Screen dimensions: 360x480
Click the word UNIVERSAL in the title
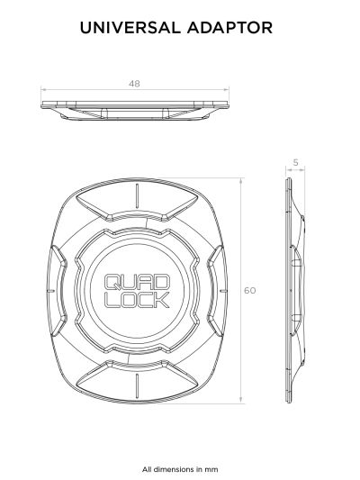point(130,28)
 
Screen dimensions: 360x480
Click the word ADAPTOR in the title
point(229,28)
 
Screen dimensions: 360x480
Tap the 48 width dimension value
point(134,84)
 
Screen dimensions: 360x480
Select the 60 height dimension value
point(249,290)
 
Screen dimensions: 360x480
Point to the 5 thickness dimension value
point(295,162)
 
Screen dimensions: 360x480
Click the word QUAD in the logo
point(137,282)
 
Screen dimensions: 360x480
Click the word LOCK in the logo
point(137,300)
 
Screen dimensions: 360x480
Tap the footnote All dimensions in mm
point(180,469)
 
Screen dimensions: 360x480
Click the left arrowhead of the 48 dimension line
point(43,90)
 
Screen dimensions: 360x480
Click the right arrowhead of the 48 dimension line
point(227,90)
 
